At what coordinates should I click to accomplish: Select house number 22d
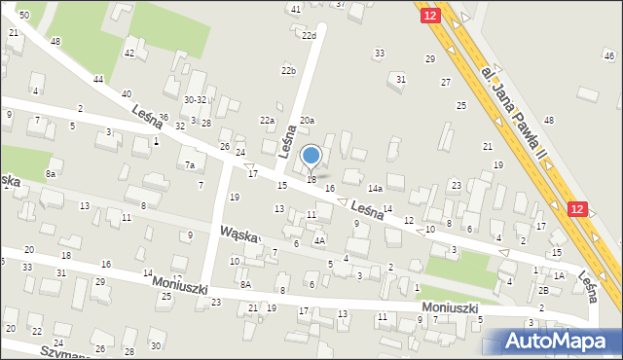[x=309, y=36]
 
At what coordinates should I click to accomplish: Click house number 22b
[x=288, y=71]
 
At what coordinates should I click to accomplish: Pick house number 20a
[x=307, y=120]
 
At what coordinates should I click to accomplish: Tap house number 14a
[x=374, y=189]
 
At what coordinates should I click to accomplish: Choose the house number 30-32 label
[x=196, y=99]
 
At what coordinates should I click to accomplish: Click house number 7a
[x=190, y=165]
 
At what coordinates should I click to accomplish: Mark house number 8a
[x=50, y=174]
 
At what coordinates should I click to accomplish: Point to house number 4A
[x=318, y=239]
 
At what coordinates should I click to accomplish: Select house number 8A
[x=245, y=284]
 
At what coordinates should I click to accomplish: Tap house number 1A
[x=559, y=276]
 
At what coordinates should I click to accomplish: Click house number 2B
[x=544, y=290]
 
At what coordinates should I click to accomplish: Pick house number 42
[x=128, y=54]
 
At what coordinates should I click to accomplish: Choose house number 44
[x=98, y=79]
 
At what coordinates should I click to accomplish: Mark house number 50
[x=23, y=16]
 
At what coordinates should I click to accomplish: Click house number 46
[x=609, y=56]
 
